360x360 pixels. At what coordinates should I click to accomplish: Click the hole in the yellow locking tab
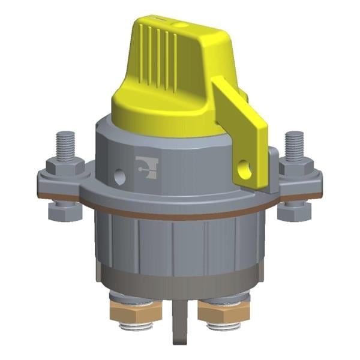click(244, 170)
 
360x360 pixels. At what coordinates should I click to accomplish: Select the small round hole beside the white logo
click(121, 176)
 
